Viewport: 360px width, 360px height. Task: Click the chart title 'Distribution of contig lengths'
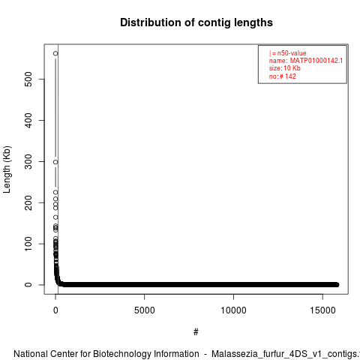196,22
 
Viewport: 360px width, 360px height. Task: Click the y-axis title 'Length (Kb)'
7,169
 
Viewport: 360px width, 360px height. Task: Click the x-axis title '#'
196,332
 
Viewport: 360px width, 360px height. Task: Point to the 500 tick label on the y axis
28,79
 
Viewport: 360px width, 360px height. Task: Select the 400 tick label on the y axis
28,120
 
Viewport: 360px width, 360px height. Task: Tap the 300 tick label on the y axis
28,161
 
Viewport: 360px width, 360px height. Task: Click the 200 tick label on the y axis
28,202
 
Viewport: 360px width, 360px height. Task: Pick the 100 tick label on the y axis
28,244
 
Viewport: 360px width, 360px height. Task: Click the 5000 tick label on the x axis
145,310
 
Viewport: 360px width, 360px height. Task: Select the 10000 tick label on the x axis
233,310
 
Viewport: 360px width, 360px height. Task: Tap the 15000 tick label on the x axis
322,310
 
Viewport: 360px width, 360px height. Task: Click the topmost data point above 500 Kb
55,53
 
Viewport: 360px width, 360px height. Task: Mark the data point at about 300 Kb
55,162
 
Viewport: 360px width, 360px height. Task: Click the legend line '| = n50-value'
288,53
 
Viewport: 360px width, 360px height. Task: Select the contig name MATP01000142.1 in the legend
316,61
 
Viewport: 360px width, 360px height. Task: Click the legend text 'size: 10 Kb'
285,68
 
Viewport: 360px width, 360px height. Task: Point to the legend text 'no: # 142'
283,76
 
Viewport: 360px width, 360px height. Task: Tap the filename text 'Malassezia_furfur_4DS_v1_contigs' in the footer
284,355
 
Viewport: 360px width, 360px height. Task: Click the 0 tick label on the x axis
55,310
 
